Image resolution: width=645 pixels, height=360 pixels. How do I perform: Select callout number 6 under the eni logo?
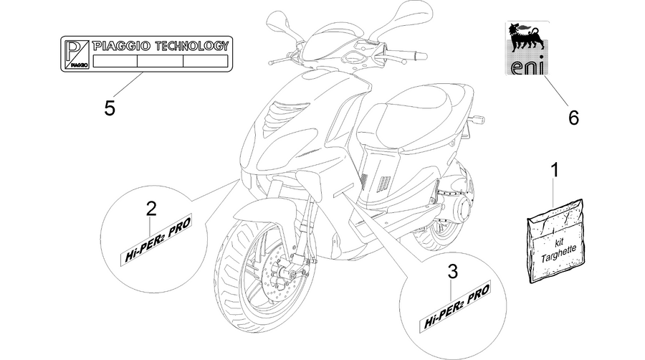pyautogui.click(x=573, y=118)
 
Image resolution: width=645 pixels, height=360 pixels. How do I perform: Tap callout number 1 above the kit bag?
pyautogui.click(x=555, y=170)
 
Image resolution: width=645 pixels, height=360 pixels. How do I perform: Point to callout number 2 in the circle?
pyautogui.click(x=151, y=209)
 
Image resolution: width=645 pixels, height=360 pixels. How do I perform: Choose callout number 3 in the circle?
pyautogui.click(x=452, y=271)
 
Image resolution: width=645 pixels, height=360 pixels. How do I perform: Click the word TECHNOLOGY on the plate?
pyautogui.click(x=191, y=46)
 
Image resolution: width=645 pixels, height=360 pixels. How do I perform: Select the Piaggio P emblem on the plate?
pyautogui.click(x=77, y=54)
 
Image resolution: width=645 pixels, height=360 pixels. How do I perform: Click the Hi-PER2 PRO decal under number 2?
pyautogui.click(x=157, y=241)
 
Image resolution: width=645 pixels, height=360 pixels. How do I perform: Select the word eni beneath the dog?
pyautogui.click(x=527, y=67)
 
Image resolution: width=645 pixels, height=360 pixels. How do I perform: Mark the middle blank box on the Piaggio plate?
pyautogui.click(x=160, y=61)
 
